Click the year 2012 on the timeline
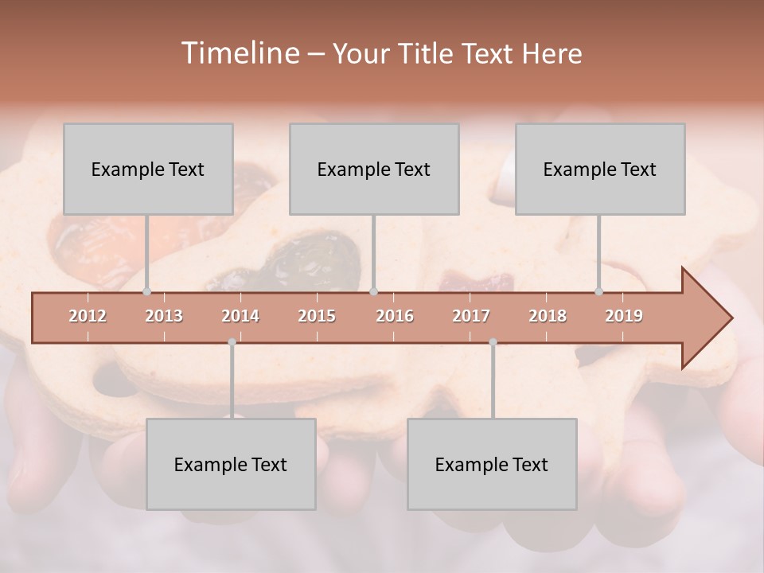tap(88, 316)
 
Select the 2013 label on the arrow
tap(164, 316)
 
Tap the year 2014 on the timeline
tap(240, 316)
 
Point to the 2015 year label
tap(317, 316)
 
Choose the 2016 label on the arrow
tap(395, 316)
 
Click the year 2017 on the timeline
tap(471, 316)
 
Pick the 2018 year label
tap(548, 316)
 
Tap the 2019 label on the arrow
tap(624, 316)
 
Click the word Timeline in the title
tap(239, 53)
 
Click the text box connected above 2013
tap(148, 169)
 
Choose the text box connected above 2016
tap(374, 169)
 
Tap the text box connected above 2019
tap(600, 169)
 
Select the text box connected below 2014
tap(231, 464)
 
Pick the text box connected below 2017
tap(492, 464)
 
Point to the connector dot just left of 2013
tap(147, 292)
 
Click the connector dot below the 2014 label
tap(232, 342)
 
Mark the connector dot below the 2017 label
tap(493, 342)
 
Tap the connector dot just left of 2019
tap(599, 292)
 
